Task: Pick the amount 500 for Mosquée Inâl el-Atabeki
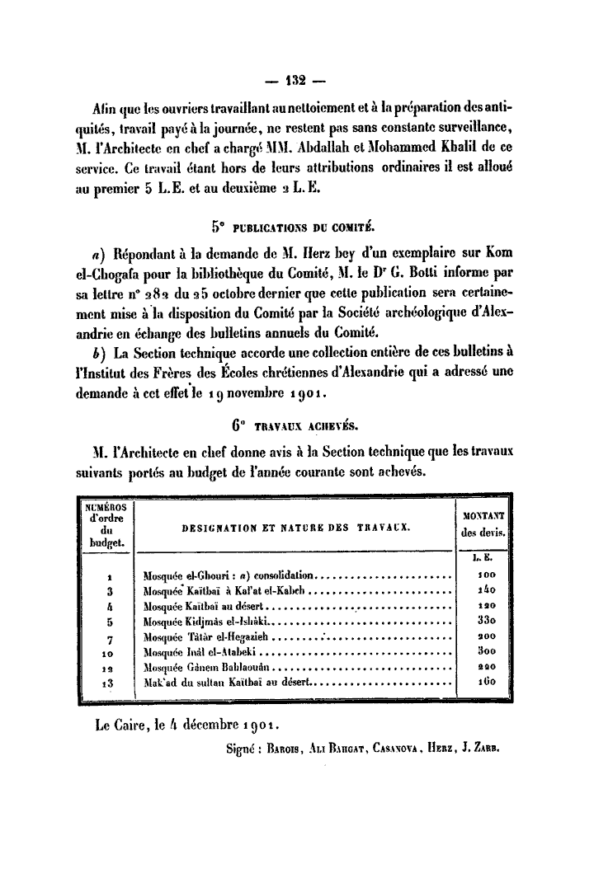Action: pyautogui.click(x=485, y=652)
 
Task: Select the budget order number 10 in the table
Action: pyautogui.click(x=108, y=653)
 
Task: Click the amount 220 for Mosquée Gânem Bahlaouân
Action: pyautogui.click(x=485, y=668)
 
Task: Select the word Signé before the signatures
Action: pyautogui.click(x=241, y=749)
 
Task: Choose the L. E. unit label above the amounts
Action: pyautogui.click(x=485, y=559)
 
